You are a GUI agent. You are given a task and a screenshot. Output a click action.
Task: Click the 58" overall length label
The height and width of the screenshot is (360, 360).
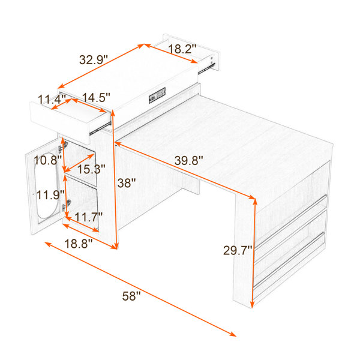click(131, 296)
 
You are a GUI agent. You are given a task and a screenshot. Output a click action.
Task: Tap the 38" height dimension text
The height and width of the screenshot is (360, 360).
click(127, 183)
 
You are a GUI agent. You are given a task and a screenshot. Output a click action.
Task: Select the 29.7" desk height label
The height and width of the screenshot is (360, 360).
click(238, 250)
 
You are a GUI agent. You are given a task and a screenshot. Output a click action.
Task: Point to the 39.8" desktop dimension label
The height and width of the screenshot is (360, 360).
click(189, 160)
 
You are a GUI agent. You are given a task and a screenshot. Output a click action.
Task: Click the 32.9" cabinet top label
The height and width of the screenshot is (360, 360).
click(94, 59)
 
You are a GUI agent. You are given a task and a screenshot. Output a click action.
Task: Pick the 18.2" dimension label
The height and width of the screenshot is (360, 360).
click(182, 49)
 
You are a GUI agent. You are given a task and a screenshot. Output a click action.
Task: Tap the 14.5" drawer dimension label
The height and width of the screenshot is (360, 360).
click(96, 97)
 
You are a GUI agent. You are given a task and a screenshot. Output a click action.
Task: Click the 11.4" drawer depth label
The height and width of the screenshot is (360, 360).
click(52, 100)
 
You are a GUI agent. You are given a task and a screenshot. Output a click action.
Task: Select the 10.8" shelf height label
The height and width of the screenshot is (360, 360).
click(48, 160)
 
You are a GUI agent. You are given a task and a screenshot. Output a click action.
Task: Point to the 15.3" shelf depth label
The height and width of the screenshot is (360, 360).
click(91, 169)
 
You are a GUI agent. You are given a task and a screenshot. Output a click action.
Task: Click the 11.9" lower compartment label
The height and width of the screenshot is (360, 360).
click(50, 195)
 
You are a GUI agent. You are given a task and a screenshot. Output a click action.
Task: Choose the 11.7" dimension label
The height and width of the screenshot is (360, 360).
click(88, 217)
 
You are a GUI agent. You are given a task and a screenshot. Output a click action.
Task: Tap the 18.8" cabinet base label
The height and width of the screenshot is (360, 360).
click(78, 244)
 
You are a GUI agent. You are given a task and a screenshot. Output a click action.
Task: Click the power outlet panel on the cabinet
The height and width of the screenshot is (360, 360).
click(157, 95)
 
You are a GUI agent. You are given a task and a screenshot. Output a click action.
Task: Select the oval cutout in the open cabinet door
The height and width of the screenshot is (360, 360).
click(46, 185)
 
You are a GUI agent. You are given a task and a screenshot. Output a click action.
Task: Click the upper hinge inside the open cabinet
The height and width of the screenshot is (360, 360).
click(64, 146)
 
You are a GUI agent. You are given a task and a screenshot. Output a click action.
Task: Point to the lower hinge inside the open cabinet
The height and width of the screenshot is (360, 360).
click(66, 205)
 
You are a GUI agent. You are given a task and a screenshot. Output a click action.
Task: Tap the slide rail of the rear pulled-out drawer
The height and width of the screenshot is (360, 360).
click(206, 68)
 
